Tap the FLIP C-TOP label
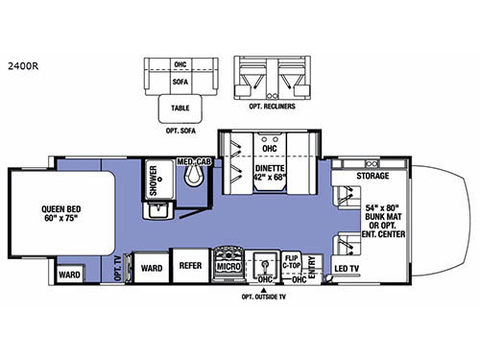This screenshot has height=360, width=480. (x=294, y=261)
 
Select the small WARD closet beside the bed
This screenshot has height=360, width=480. (x=69, y=275)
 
